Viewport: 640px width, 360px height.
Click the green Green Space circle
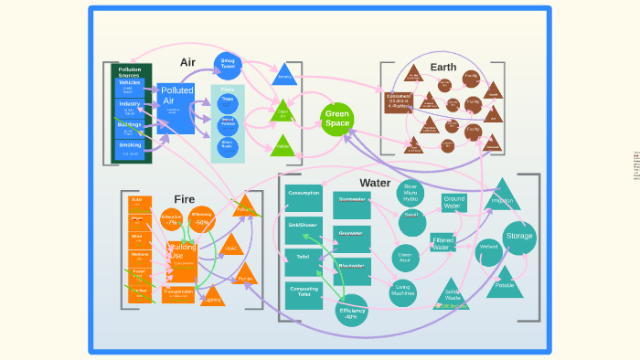click(337, 119)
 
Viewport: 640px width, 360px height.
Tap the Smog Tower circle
click(228, 64)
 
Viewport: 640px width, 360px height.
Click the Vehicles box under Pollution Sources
click(129, 86)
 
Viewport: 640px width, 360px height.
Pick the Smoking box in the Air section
click(129, 147)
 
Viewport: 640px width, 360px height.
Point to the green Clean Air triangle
click(283, 113)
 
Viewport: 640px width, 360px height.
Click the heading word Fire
click(185, 199)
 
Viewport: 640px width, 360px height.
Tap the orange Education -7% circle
click(171, 219)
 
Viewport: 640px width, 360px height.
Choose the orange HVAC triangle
click(231, 246)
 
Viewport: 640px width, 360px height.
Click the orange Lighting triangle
click(212, 296)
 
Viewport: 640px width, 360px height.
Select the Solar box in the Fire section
click(138, 202)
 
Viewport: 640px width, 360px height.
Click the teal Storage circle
click(519, 238)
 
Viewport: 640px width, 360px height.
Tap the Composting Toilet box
click(304, 293)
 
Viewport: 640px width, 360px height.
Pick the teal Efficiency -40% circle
click(352, 312)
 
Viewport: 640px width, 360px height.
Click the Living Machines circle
click(403, 291)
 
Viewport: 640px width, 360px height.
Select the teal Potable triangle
click(505, 282)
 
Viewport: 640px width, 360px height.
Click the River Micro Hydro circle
click(411, 192)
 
